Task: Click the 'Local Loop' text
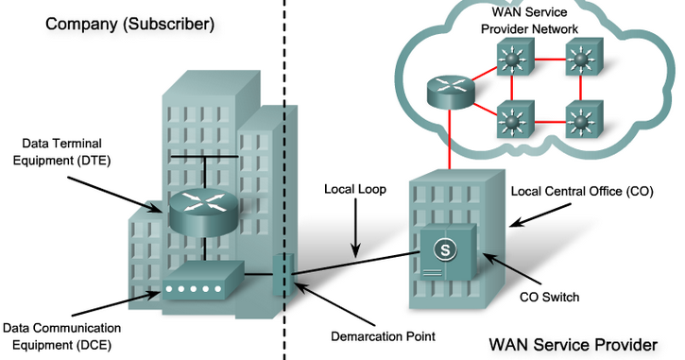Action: tap(354, 188)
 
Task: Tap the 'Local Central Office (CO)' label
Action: tap(580, 191)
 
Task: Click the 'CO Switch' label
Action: tap(549, 297)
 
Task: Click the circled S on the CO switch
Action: tap(442, 251)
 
